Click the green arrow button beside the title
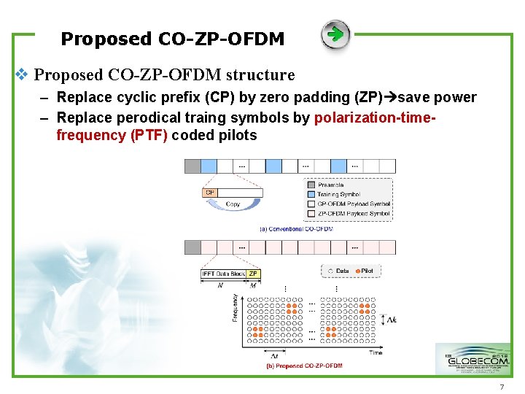click(335, 35)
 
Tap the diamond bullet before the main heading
click(22, 74)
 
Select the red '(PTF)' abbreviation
click(149, 135)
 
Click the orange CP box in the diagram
click(209, 193)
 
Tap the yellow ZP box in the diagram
click(253, 274)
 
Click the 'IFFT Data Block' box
click(224, 274)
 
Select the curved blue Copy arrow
click(233, 201)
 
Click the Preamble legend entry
click(330, 185)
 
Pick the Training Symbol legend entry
click(338, 195)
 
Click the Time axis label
click(376, 352)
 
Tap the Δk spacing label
click(391, 320)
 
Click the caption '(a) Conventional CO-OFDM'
click(296, 228)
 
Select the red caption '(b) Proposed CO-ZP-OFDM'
click(304, 366)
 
